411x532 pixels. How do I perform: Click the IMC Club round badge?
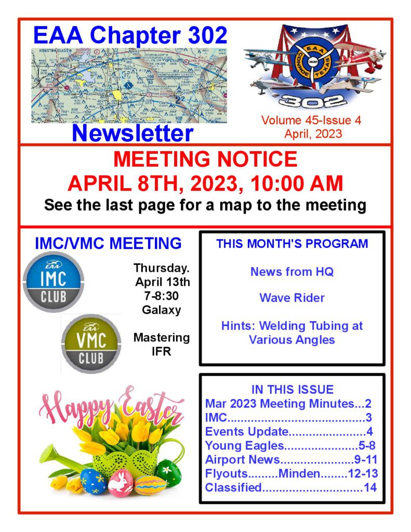point(54,282)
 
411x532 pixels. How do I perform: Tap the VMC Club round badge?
point(91,343)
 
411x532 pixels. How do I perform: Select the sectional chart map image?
point(129,86)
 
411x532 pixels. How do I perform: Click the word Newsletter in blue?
point(132,132)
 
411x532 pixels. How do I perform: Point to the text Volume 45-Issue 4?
point(312,121)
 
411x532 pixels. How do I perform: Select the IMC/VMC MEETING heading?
point(108,243)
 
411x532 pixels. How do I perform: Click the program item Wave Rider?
point(291,298)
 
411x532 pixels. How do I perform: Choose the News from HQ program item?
point(291,271)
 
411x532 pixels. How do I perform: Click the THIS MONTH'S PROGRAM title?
point(291,244)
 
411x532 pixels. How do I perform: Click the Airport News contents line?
point(291,459)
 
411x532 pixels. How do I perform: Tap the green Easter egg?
point(168,472)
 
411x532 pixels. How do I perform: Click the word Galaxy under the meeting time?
point(162,310)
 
